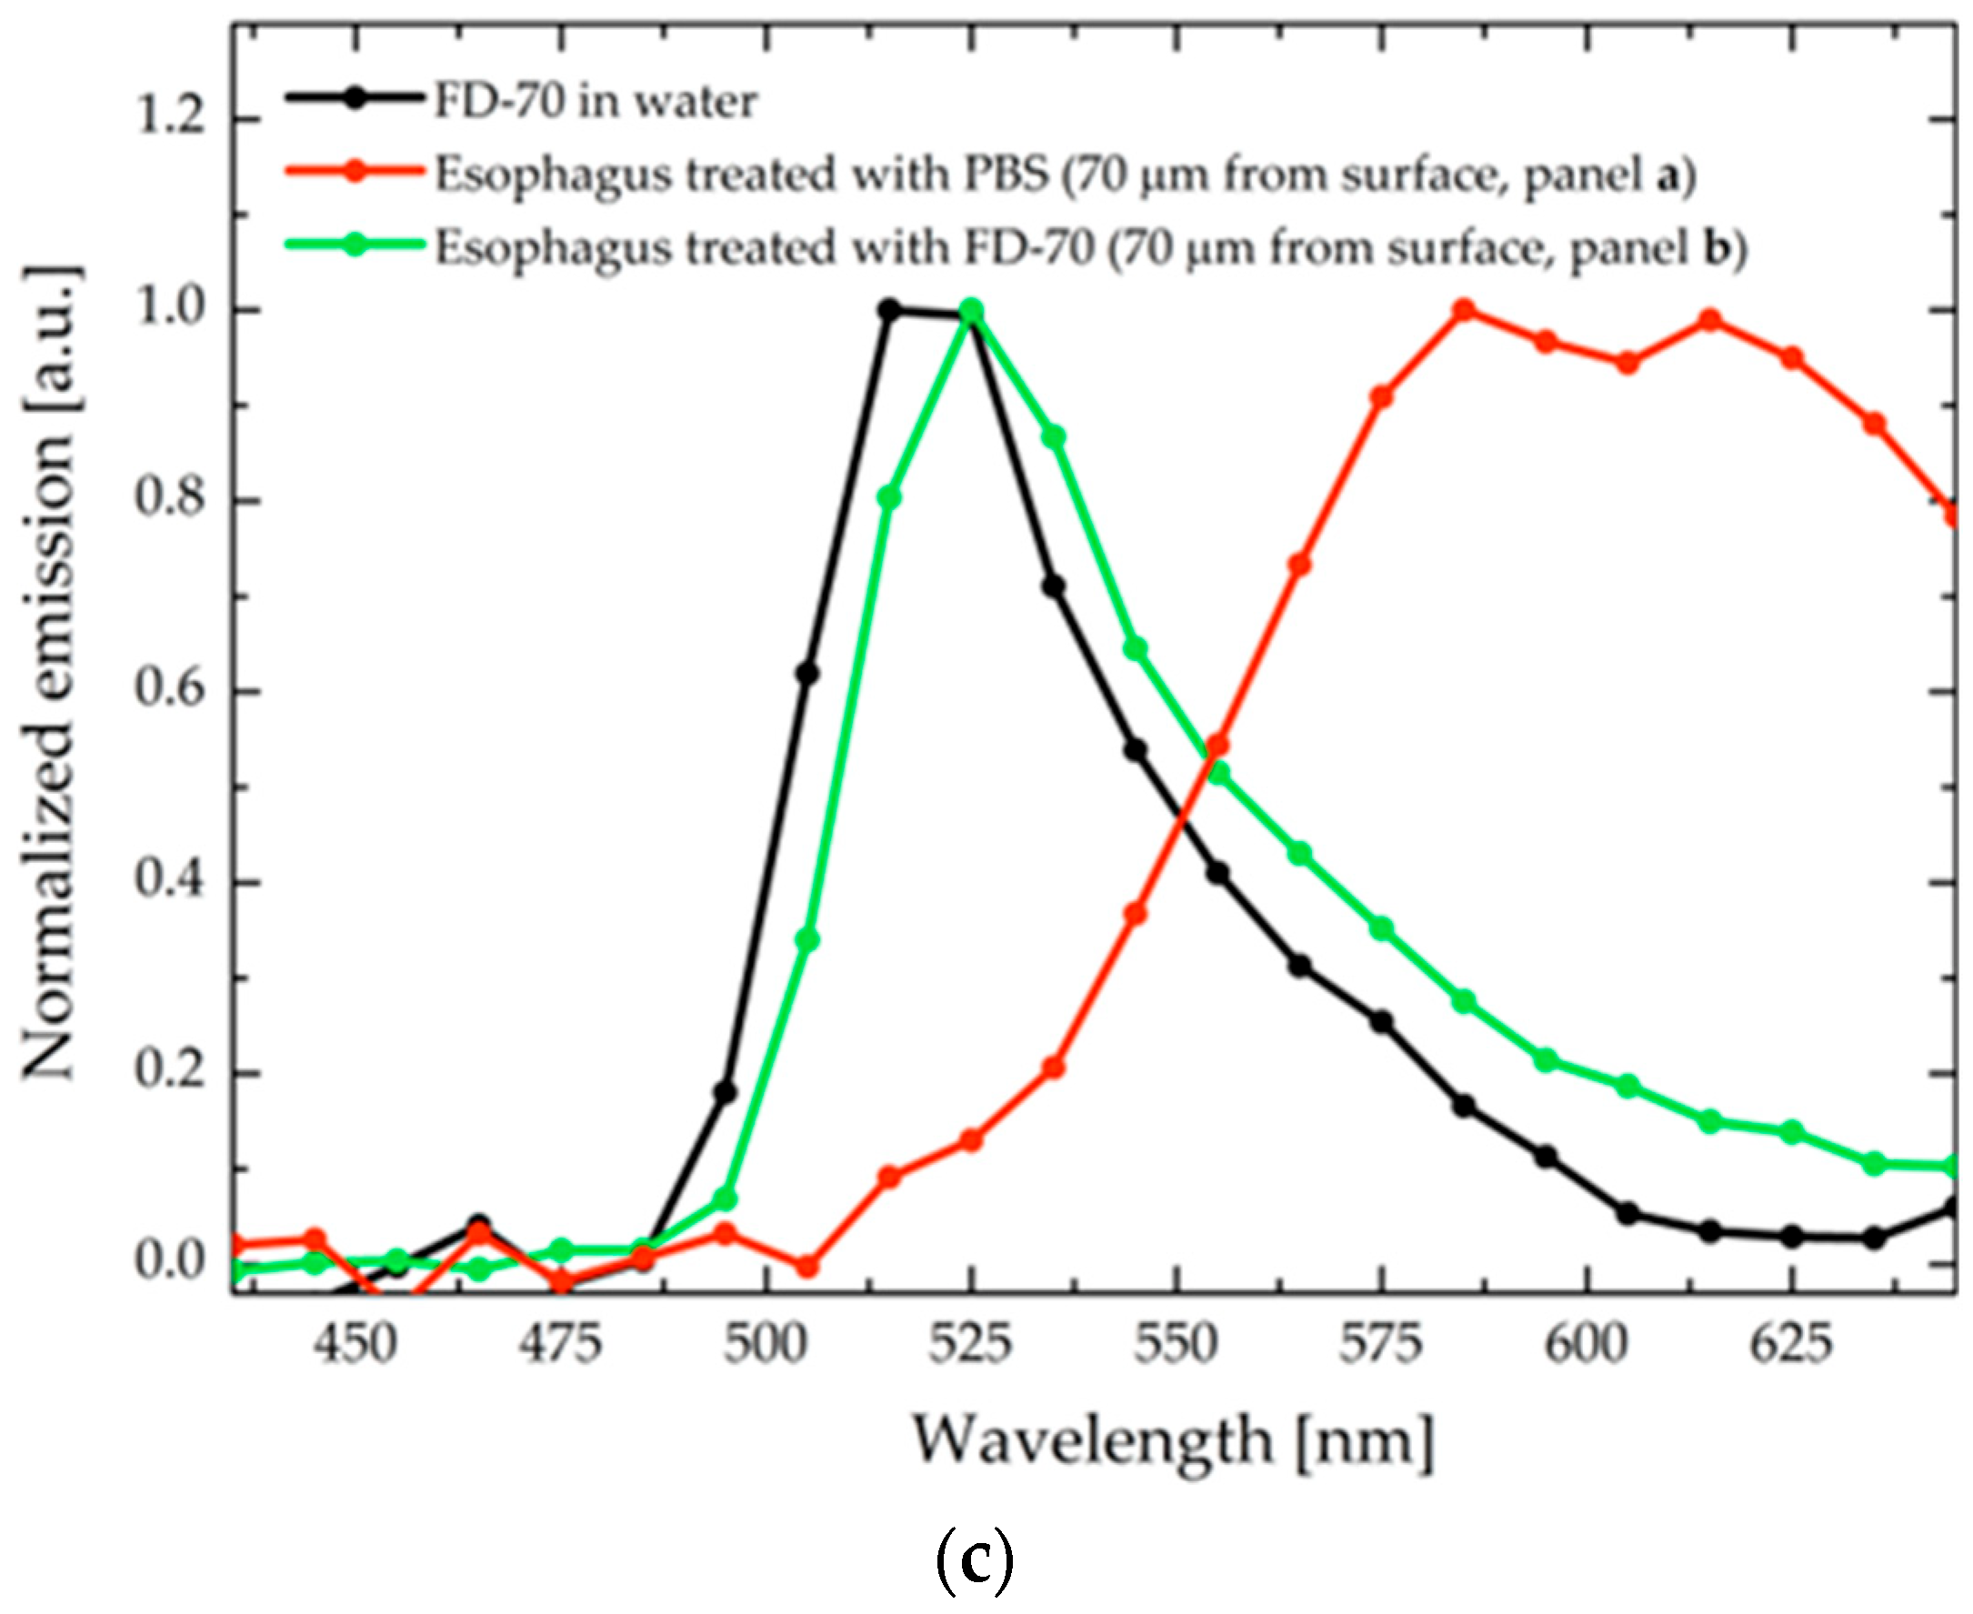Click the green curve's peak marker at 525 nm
pos(972,309)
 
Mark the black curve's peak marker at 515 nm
pos(889,309)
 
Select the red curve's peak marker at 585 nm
pos(1465,309)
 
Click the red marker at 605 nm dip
pos(1628,363)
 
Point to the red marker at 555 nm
pos(1218,746)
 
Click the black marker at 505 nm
pos(807,673)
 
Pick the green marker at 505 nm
pos(807,940)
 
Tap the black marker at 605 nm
pos(1628,1213)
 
